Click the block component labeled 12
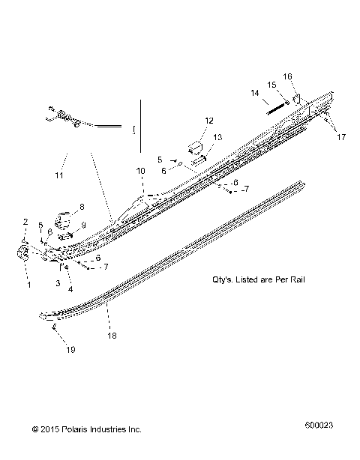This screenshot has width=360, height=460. coord(196,145)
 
